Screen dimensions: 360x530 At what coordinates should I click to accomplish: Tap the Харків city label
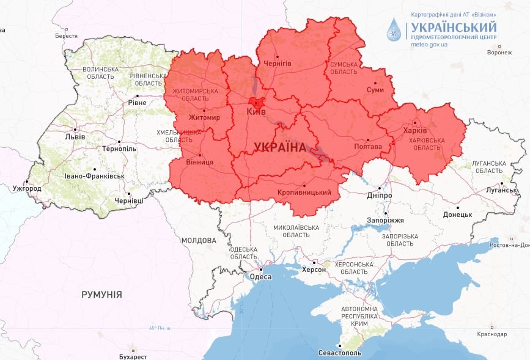click(415, 130)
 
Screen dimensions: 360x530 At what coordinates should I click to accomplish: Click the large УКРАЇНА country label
click(279, 147)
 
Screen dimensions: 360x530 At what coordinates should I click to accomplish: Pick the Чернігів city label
click(276, 64)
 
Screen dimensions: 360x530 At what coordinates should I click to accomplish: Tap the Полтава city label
click(368, 147)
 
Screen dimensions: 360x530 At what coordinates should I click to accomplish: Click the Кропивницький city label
click(304, 193)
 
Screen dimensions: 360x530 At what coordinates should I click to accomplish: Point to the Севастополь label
click(340, 353)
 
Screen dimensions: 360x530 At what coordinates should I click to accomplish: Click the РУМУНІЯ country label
click(101, 295)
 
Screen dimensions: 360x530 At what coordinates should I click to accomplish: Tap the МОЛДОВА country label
click(199, 240)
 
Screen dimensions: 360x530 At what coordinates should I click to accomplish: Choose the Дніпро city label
click(380, 196)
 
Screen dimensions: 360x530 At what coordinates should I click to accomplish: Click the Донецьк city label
click(457, 215)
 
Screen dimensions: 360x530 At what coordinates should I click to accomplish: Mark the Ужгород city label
click(27, 188)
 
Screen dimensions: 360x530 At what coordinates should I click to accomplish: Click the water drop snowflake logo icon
click(395, 29)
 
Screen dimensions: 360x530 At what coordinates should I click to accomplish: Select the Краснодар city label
click(493, 334)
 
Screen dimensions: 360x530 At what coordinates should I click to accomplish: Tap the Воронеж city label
click(499, 53)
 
